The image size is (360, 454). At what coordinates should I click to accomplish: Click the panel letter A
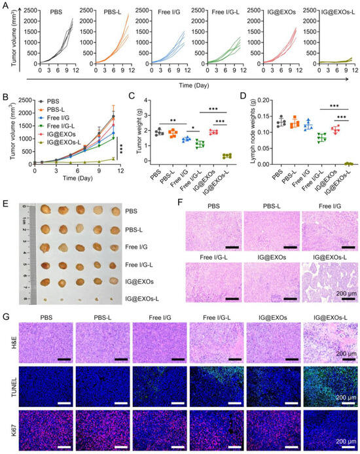5,5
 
